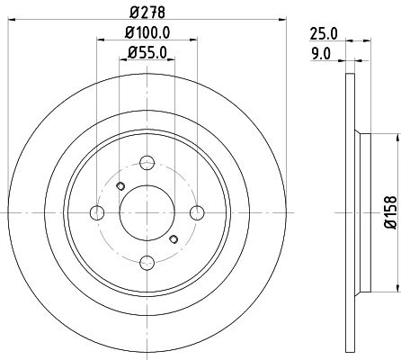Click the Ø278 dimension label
click(x=147, y=12)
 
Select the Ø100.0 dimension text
click(x=147, y=32)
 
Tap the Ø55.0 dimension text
click(x=147, y=53)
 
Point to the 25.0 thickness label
click(x=324, y=33)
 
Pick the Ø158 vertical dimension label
click(x=390, y=212)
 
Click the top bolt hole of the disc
click(x=147, y=163)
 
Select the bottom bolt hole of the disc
click(x=147, y=263)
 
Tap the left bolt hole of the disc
click(x=97, y=212)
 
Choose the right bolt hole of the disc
click(x=197, y=212)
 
